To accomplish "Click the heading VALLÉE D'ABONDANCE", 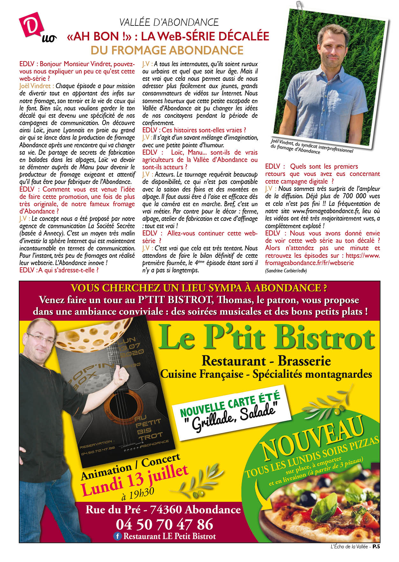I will point(169,22).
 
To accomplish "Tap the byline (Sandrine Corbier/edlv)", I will point(286,271).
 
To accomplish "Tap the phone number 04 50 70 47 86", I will point(164,524).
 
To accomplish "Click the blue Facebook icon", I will point(118,536).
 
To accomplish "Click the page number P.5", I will point(376,546).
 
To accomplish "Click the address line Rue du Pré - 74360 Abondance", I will point(163,509).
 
